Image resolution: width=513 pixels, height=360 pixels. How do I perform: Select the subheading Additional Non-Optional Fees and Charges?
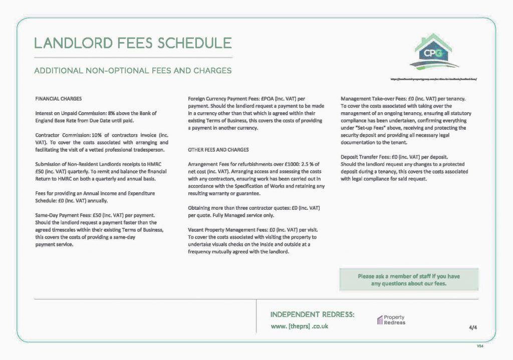point(132,71)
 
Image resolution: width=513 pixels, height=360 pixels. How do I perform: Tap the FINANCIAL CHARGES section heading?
point(59,98)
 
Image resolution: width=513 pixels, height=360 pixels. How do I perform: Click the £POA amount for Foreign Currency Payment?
point(268,98)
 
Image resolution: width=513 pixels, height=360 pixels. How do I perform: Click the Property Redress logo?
point(391,320)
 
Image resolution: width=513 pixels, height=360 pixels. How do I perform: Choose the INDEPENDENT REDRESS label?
point(313,314)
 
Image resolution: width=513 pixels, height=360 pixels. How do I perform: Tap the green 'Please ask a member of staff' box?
point(409,279)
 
